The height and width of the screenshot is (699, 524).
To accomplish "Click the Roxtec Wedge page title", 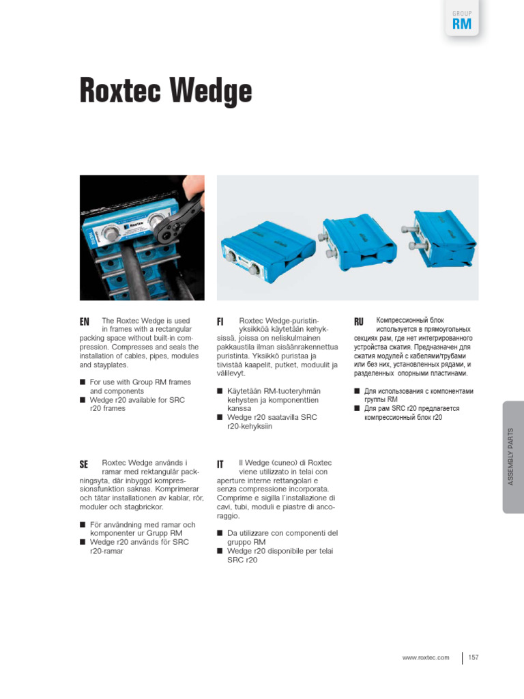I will point(166,90).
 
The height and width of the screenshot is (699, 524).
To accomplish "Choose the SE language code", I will point(85,464).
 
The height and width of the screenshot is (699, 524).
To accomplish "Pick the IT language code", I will point(220,464).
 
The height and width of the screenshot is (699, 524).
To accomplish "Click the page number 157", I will point(474,657).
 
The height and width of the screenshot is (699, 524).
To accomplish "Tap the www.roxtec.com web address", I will point(426,657).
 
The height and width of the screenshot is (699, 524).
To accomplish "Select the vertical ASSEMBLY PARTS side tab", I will point(512,457).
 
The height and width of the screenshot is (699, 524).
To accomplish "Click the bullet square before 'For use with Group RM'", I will point(83,382).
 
